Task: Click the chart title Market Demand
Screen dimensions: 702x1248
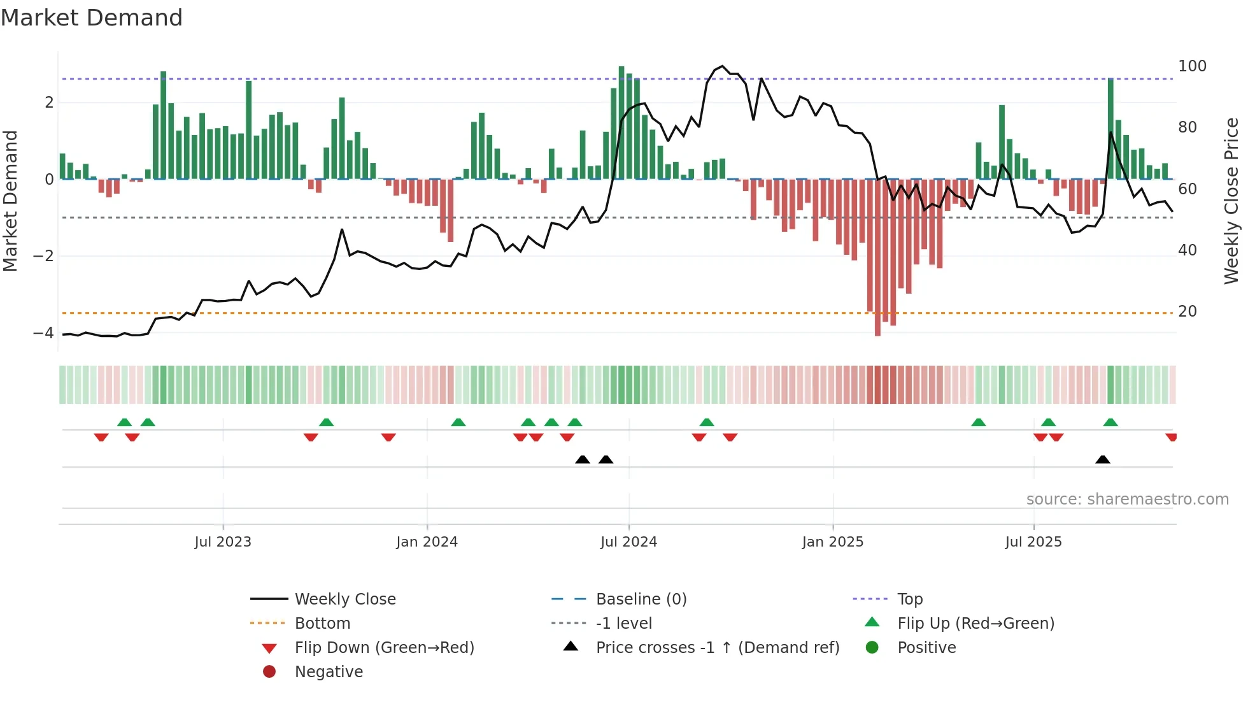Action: pyautogui.click(x=92, y=18)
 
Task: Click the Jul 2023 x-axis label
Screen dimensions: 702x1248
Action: pyautogui.click(x=223, y=542)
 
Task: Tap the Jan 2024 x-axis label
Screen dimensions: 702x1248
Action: pyautogui.click(x=427, y=542)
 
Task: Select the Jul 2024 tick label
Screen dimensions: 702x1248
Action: pyautogui.click(x=628, y=542)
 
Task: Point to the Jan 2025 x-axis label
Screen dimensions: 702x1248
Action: pyautogui.click(x=832, y=542)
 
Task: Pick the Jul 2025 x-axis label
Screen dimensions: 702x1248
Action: pyautogui.click(x=1033, y=542)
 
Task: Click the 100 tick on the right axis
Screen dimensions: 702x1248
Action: pyautogui.click(x=1192, y=66)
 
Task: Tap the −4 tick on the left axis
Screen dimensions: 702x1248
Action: pyautogui.click(x=43, y=333)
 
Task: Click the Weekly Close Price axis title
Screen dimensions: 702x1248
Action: pyautogui.click(x=1231, y=201)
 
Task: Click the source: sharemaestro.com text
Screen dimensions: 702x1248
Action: pyautogui.click(x=1127, y=499)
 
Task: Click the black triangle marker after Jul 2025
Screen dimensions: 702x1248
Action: pyautogui.click(x=1103, y=459)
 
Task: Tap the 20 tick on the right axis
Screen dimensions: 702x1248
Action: pyautogui.click(x=1188, y=312)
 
